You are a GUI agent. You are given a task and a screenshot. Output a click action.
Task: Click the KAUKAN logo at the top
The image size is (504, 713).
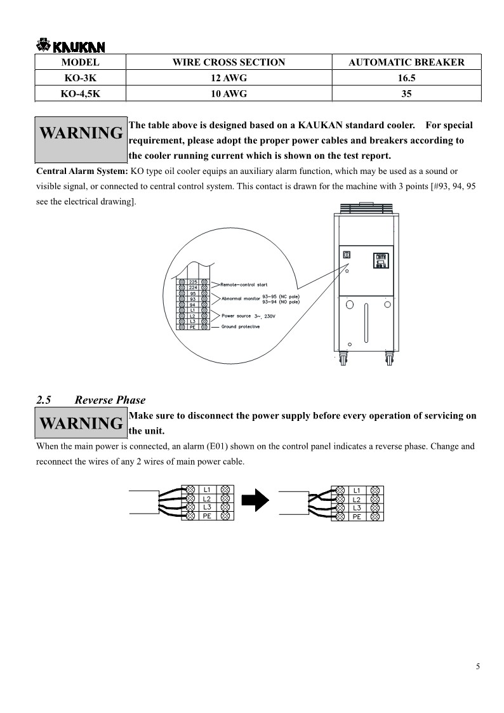point(71,46)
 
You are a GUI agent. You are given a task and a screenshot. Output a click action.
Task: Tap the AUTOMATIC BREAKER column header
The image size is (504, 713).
point(406,62)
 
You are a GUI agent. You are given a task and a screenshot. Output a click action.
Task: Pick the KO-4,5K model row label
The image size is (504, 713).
point(80,94)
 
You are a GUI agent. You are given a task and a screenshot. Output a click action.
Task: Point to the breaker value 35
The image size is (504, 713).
point(406,94)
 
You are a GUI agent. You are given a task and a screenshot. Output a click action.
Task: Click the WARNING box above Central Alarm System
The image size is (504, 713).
point(81,135)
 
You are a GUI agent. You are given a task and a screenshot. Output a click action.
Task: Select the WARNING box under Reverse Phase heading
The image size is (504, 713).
point(81,423)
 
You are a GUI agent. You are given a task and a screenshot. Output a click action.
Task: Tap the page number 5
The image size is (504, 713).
point(477,666)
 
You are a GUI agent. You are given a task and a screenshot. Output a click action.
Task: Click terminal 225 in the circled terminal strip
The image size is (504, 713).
point(193,281)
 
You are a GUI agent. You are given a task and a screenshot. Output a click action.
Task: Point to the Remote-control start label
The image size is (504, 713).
point(243,284)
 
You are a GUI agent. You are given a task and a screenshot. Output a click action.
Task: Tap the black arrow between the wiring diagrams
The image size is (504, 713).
point(257,501)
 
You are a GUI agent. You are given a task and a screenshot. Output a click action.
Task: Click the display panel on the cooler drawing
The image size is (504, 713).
point(381,260)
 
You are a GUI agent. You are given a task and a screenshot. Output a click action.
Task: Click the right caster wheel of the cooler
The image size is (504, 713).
point(388,360)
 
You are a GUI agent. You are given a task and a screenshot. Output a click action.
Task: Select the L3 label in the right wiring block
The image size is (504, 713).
point(357,508)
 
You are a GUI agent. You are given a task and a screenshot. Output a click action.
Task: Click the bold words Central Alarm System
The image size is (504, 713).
point(82,171)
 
